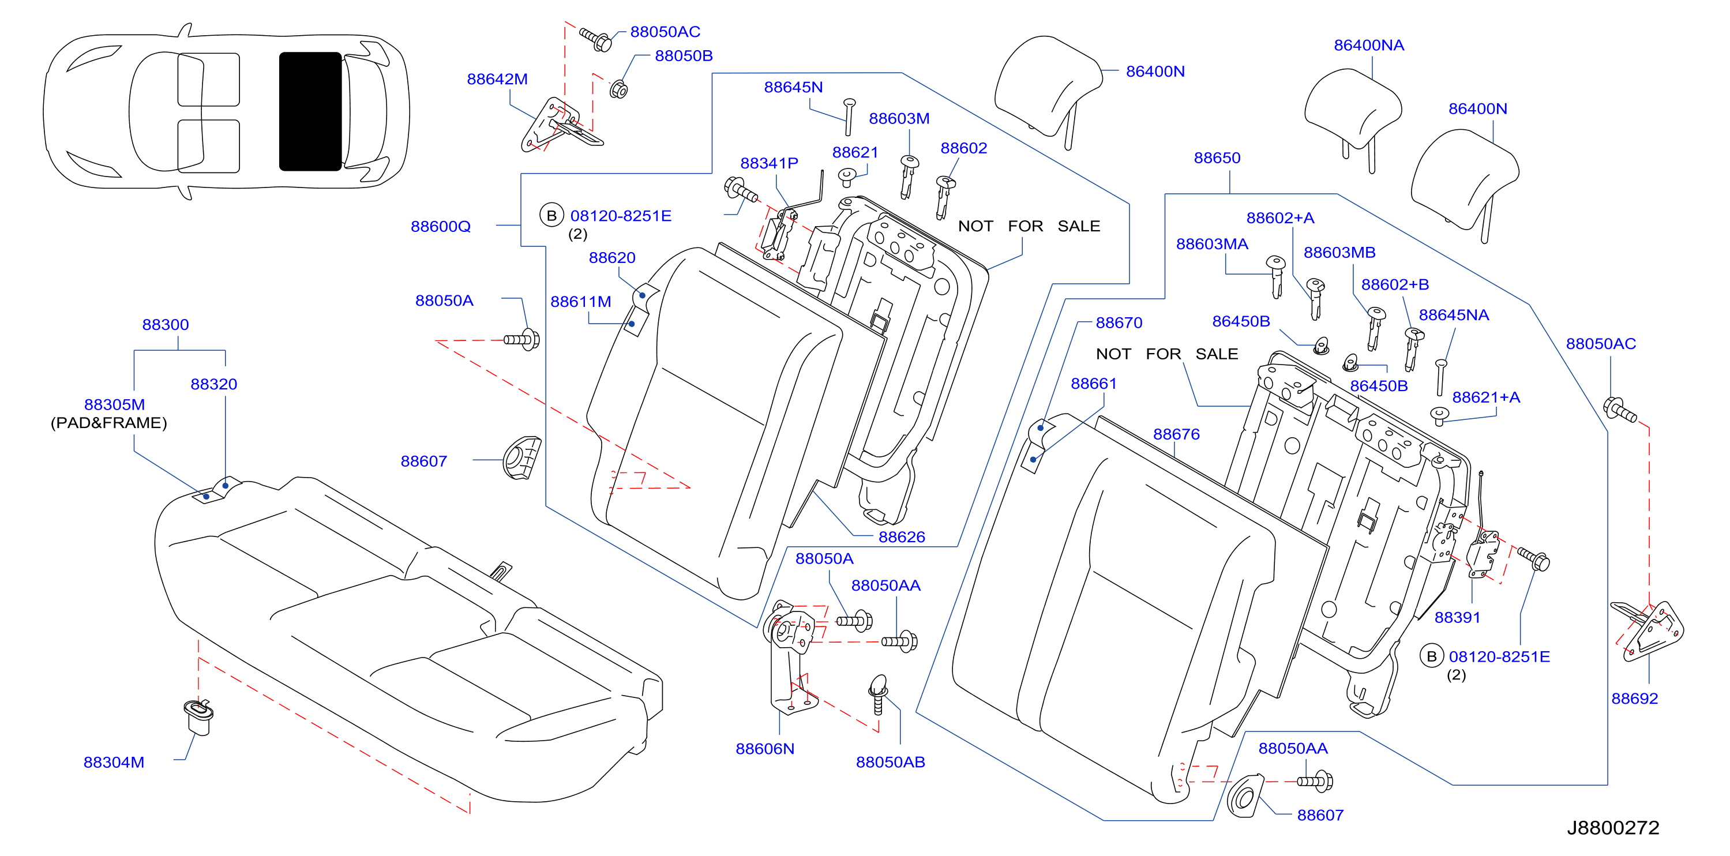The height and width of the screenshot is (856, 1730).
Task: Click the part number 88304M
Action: click(114, 762)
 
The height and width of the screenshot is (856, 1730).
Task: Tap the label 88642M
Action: click(497, 78)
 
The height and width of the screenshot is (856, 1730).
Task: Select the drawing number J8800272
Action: click(1613, 827)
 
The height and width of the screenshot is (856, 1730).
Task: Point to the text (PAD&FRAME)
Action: click(109, 422)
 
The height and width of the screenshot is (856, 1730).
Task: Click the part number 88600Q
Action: click(441, 226)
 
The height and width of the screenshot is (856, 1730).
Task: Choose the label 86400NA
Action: click(1369, 45)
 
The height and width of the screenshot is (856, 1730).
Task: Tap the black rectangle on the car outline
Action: click(310, 111)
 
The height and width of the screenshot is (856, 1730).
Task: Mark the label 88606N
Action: click(765, 749)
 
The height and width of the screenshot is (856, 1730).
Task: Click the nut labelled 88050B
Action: click(618, 89)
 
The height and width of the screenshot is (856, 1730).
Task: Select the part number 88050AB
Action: click(891, 762)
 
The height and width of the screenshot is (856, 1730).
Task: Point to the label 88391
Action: click(1457, 617)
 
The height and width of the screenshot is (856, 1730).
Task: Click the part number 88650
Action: click(1217, 158)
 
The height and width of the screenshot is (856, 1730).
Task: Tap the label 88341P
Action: click(769, 163)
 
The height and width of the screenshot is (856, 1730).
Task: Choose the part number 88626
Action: click(902, 536)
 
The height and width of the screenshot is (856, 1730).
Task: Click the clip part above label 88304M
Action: click(198, 717)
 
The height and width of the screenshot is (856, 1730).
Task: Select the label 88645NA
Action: click(1454, 315)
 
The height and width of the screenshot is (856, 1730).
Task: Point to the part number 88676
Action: click(1177, 434)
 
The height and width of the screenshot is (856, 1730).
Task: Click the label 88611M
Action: click(581, 302)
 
